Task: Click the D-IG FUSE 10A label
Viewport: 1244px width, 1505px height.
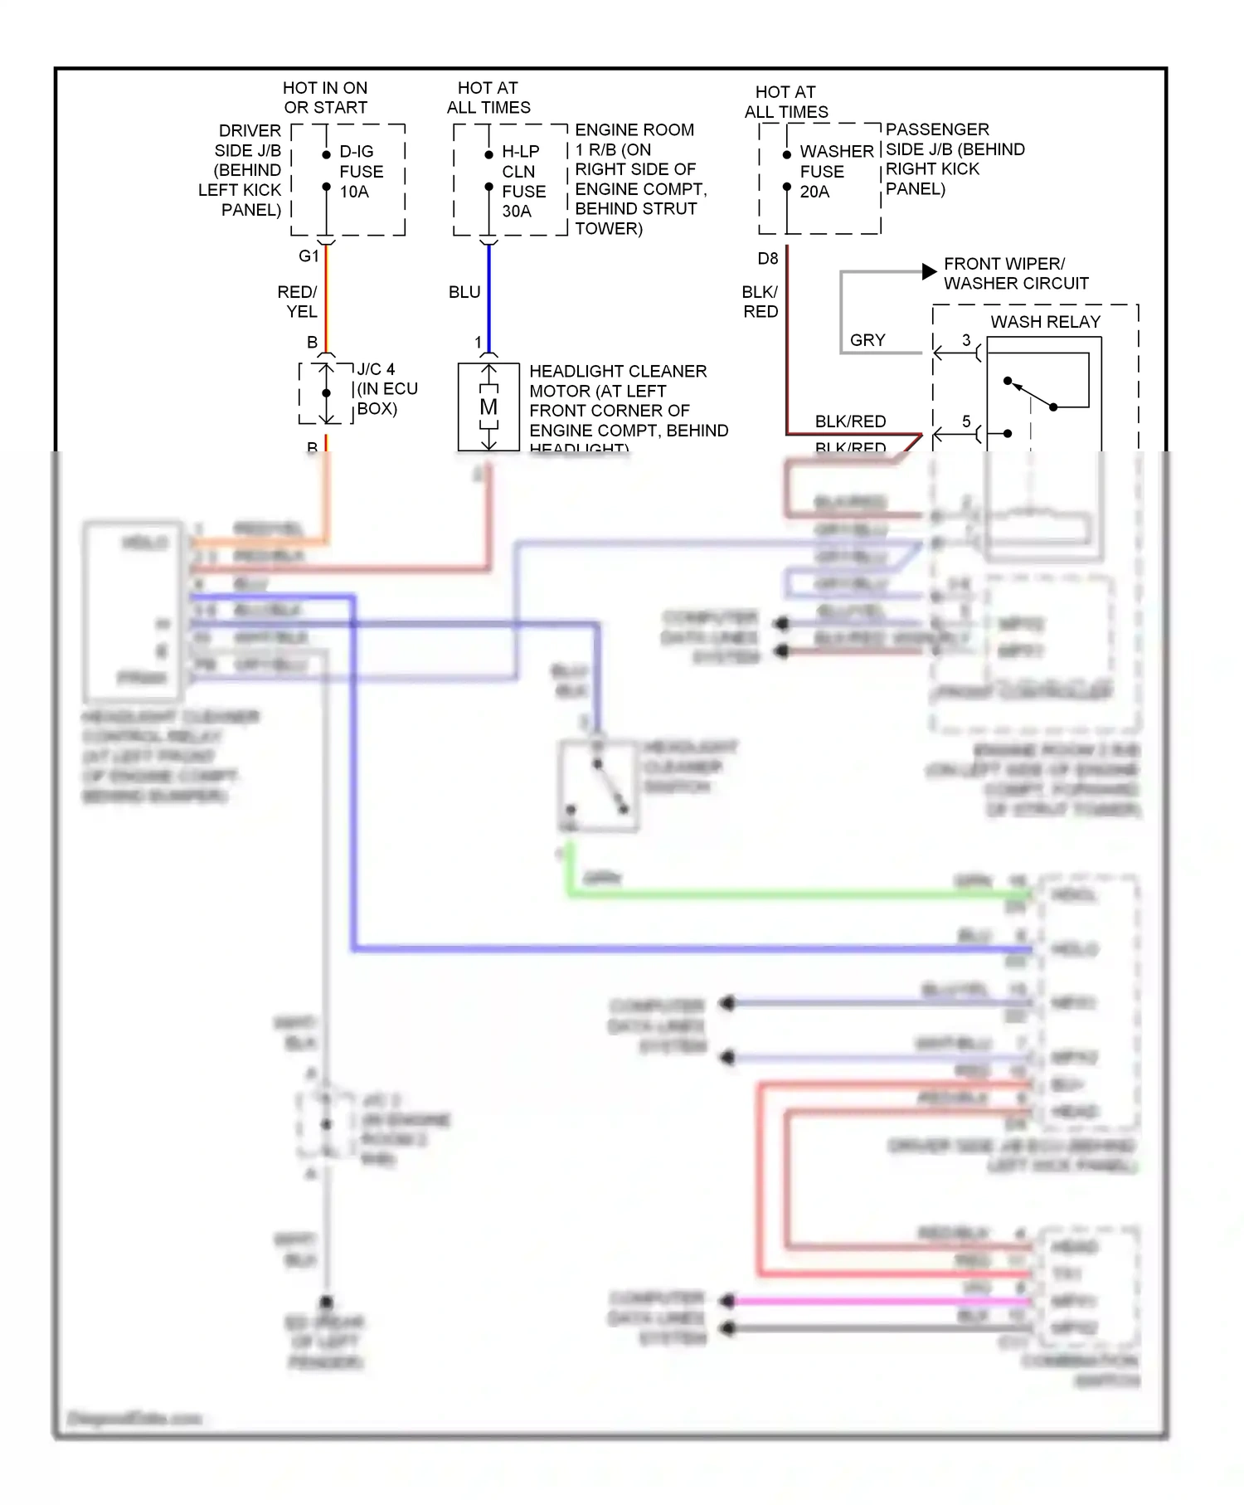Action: (x=361, y=172)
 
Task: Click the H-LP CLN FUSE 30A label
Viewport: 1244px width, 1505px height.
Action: (x=523, y=181)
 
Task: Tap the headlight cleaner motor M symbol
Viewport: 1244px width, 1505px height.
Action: (x=488, y=407)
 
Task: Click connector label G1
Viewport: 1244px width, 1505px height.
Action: (x=309, y=256)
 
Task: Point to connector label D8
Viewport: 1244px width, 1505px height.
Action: (x=768, y=259)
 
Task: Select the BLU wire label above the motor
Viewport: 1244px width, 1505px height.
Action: (x=464, y=292)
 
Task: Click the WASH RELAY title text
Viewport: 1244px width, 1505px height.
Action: (x=1045, y=322)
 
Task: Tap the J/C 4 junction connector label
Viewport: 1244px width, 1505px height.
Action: (x=376, y=369)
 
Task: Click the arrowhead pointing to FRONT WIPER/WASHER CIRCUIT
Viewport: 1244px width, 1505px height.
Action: (x=929, y=272)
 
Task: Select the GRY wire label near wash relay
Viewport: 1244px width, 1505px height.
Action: (x=867, y=340)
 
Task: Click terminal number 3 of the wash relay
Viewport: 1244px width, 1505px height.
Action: (x=966, y=340)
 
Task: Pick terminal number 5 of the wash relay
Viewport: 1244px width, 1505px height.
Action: (x=966, y=421)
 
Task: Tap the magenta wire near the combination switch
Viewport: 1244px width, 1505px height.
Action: (x=871, y=1301)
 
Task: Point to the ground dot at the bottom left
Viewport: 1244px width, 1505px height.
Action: (x=327, y=1303)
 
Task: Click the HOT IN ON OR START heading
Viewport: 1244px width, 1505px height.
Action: (x=325, y=98)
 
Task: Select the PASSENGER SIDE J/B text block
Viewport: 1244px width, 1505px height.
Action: (x=955, y=159)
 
